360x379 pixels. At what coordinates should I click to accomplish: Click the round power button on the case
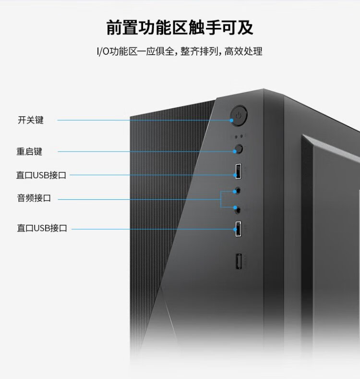(x=239, y=116)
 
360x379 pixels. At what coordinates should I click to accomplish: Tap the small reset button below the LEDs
(x=238, y=149)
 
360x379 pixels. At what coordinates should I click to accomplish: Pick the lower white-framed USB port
(x=238, y=229)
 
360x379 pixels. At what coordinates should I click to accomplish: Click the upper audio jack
(x=237, y=190)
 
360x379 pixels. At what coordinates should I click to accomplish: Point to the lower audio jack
(x=237, y=208)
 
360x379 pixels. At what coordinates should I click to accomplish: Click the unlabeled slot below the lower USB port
(x=239, y=262)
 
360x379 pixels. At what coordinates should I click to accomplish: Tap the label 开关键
(x=31, y=120)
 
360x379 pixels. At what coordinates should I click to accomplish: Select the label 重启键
(x=30, y=151)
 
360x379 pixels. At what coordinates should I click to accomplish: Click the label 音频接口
(x=34, y=198)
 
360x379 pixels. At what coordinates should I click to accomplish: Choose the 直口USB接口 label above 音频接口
(x=41, y=175)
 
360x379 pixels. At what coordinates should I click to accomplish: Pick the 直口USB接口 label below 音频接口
(x=42, y=228)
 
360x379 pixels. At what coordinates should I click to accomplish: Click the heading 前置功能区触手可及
(x=180, y=28)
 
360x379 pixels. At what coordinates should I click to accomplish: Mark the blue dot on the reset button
(x=235, y=152)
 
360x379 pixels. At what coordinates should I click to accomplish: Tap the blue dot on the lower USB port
(x=236, y=230)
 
